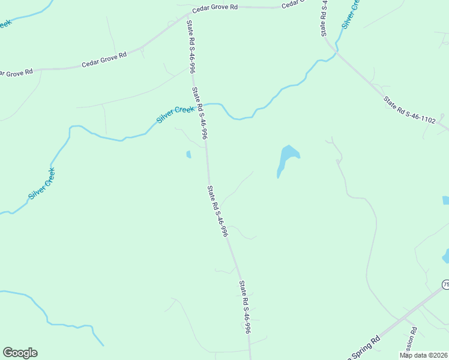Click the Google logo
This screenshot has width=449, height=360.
coord(20,353)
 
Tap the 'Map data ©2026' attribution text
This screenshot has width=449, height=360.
coord(424,355)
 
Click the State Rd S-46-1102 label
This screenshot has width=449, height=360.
coord(410,111)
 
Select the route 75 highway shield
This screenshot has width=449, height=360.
coord(445,284)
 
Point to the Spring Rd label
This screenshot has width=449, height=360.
coord(363,349)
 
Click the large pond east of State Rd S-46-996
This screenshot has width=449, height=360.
coord(287,157)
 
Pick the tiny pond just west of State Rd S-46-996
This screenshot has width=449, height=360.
coord(188,154)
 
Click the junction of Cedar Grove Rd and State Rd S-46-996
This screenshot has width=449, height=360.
coord(187,17)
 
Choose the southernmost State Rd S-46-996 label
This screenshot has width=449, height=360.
coord(244,307)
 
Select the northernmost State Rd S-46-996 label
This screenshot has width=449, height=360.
coord(190,46)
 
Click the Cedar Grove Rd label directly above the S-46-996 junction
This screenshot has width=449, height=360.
coord(215,8)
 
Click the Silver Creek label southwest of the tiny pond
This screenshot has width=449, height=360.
coord(41,184)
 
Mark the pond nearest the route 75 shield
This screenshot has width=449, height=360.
coord(445,256)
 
